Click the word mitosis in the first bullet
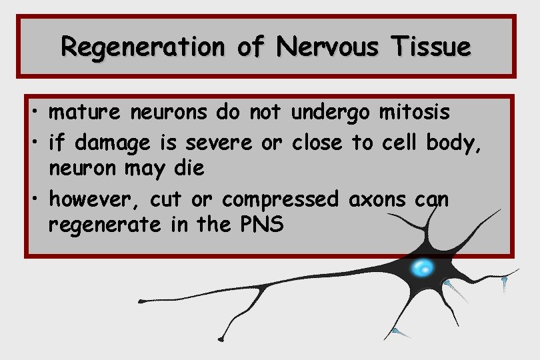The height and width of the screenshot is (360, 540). pos(414,113)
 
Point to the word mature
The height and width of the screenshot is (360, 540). pos(85,113)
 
